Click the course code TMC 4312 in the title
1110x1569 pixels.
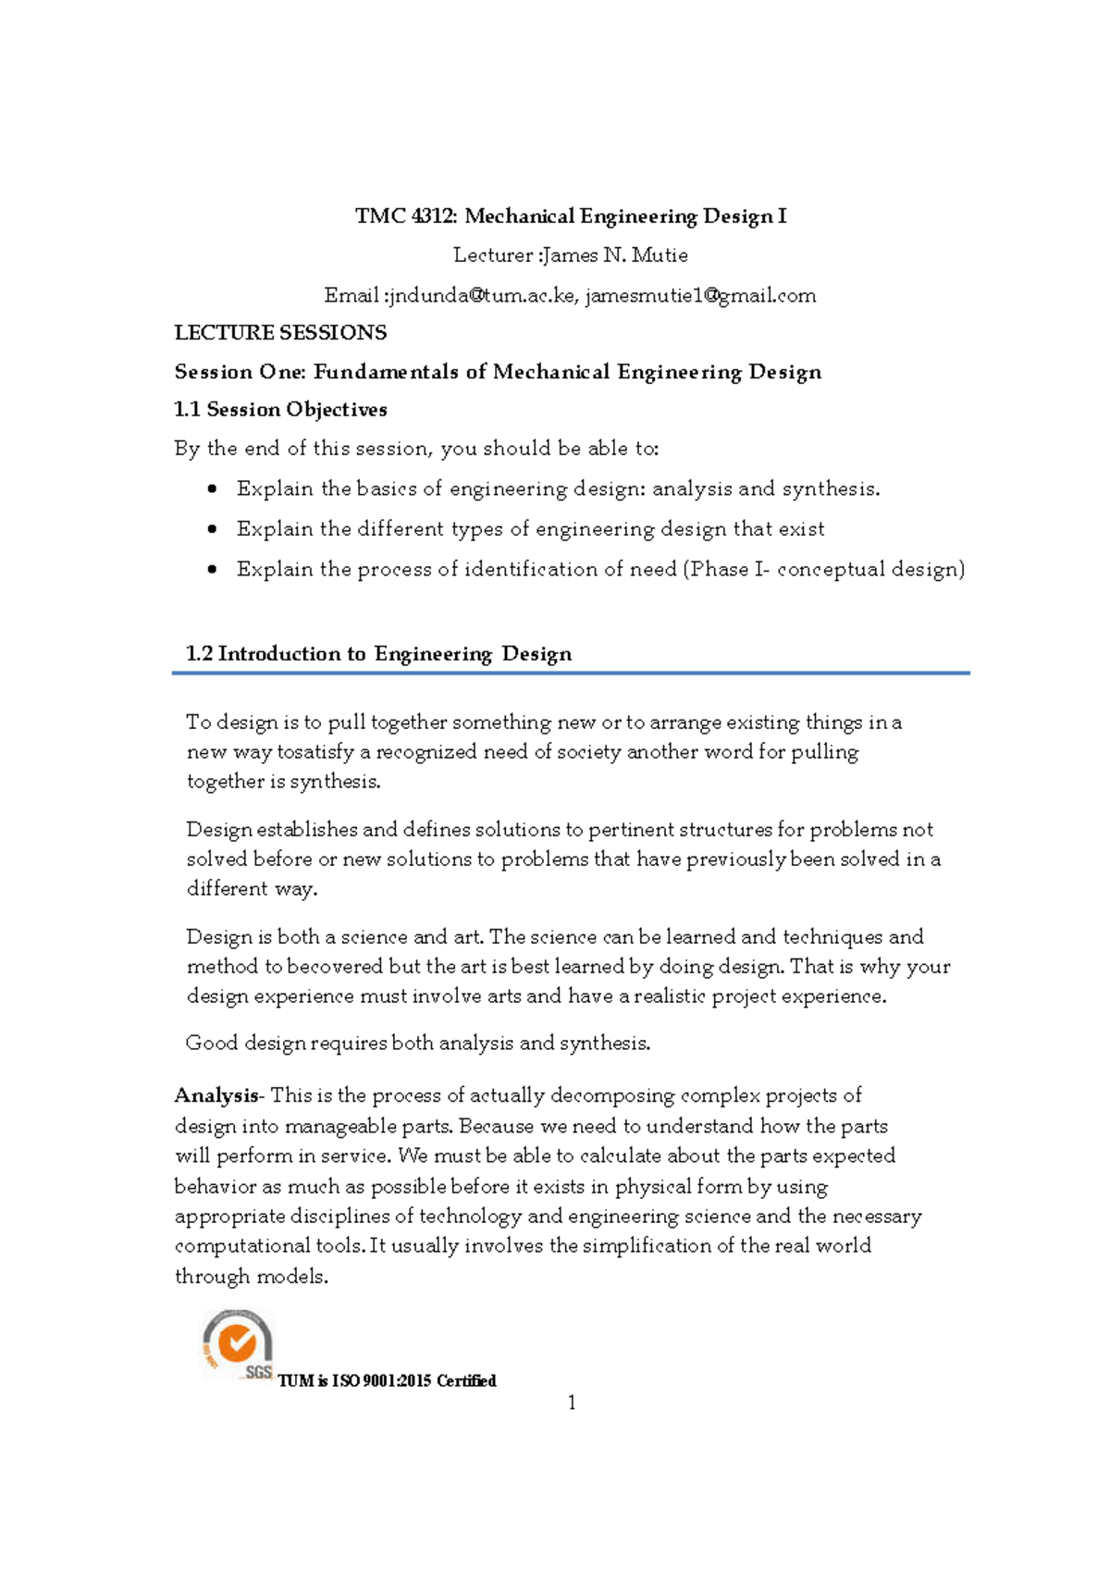click(x=405, y=216)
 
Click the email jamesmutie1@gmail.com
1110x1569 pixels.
click(x=700, y=296)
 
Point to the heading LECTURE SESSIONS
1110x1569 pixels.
click(x=280, y=333)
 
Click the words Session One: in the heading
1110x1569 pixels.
click(x=240, y=372)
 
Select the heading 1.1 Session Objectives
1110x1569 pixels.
click(x=280, y=410)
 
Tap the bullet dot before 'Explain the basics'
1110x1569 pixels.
click(x=213, y=488)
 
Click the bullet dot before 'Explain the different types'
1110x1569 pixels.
click(x=213, y=529)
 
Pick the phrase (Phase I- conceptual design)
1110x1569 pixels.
click(x=823, y=569)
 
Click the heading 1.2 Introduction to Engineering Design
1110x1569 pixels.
click(x=378, y=654)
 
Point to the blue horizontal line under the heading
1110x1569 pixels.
click(x=570, y=673)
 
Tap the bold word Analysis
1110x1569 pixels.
click(x=216, y=1096)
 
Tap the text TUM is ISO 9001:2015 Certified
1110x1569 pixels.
click(x=387, y=1381)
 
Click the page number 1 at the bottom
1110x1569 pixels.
click(x=572, y=1403)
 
